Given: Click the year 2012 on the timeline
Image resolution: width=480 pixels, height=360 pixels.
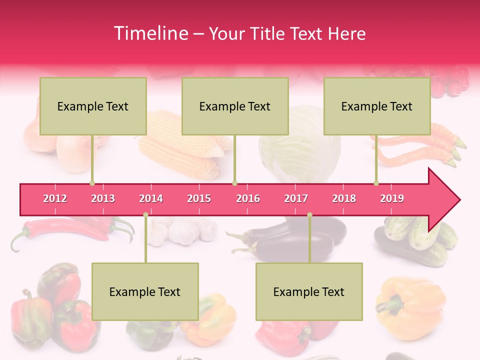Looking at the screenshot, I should (55, 198).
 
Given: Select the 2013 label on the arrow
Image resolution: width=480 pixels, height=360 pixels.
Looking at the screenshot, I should (103, 198).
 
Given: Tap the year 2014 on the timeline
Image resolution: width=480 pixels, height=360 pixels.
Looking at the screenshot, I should (151, 198).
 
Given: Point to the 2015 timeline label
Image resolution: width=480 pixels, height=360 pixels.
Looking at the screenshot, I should (199, 198).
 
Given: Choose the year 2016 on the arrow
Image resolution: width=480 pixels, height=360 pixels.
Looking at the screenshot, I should (248, 198).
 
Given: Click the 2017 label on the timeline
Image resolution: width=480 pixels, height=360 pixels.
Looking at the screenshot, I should (296, 198).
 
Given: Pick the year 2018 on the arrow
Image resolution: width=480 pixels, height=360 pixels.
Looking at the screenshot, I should (344, 198).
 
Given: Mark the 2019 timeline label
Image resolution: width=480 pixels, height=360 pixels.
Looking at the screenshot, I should (392, 198).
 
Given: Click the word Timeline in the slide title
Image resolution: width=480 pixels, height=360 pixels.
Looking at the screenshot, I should (150, 33).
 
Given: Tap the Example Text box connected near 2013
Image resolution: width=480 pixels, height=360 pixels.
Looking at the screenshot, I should (93, 106).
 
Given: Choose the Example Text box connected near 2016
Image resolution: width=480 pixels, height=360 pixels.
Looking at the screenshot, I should (235, 106).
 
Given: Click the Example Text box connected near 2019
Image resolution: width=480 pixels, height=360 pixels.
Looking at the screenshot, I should (377, 106).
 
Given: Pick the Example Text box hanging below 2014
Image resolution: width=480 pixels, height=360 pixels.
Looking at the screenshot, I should (145, 291).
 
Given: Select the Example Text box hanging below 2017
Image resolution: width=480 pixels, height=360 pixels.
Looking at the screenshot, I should (309, 291).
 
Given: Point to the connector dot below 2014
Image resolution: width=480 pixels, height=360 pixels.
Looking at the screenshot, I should (145, 214).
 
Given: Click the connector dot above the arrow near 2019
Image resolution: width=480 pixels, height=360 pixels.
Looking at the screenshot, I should (376, 183).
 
